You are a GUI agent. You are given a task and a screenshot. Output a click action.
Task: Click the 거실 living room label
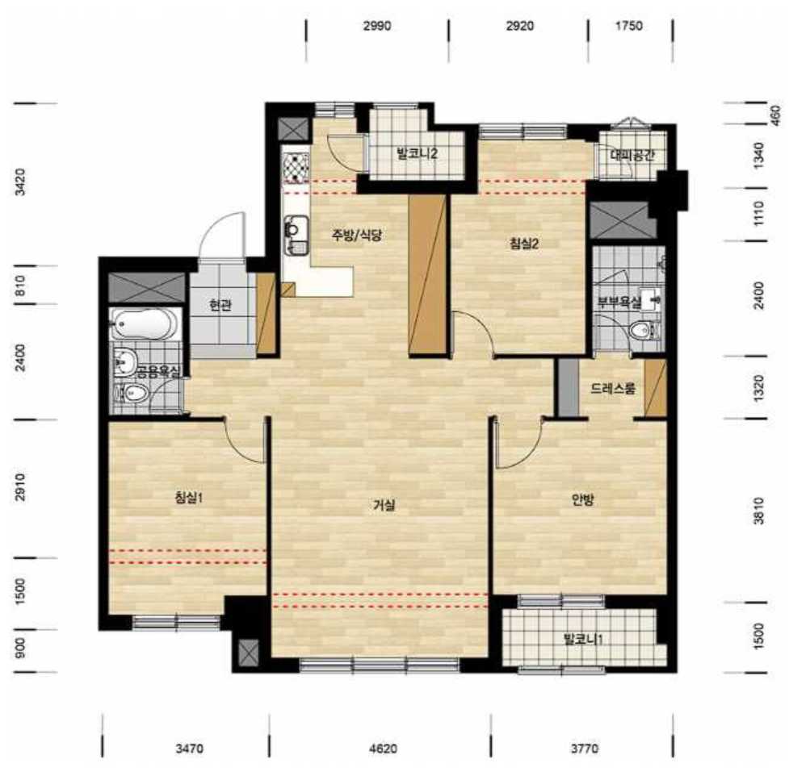tap(384, 505)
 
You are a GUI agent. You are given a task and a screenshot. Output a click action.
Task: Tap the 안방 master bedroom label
tap(583, 499)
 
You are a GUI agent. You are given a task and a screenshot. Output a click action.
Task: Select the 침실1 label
tap(188, 498)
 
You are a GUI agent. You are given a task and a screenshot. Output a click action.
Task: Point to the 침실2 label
tap(524, 244)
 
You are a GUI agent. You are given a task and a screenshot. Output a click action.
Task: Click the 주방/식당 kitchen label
tap(356, 236)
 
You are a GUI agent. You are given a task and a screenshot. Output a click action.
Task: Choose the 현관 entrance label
tap(220, 306)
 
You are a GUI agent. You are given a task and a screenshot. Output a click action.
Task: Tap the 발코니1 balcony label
tap(584, 640)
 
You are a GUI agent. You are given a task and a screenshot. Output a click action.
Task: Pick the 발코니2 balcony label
tap(418, 153)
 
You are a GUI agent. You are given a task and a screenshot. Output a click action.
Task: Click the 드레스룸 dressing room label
tap(613, 389)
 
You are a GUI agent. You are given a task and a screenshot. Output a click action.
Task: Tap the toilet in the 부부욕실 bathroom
tap(643, 330)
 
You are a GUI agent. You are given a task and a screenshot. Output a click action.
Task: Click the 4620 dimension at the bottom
tap(384, 748)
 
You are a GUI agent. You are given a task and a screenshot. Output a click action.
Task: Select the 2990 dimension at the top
tap(377, 26)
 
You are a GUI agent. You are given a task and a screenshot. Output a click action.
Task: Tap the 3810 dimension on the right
tap(758, 511)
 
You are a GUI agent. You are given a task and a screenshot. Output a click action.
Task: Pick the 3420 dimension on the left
tap(19, 181)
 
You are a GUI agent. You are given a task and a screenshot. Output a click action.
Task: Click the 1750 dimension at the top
tap(628, 26)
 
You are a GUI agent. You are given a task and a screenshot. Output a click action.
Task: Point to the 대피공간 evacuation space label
tap(632, 155)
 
